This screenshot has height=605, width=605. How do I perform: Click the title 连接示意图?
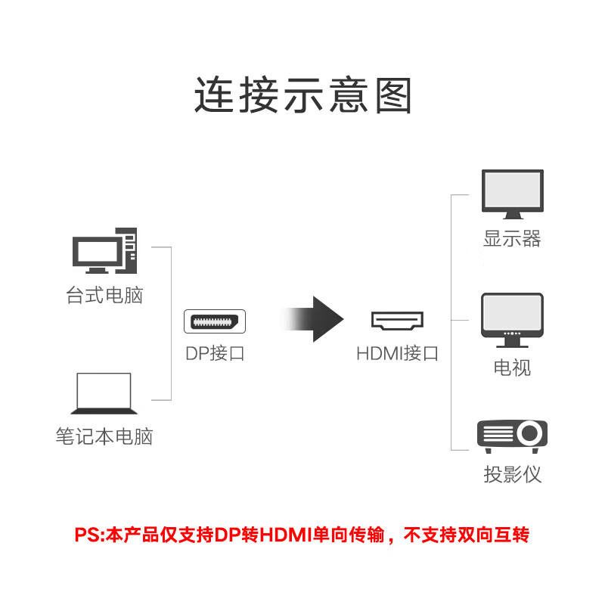tap(303, 95)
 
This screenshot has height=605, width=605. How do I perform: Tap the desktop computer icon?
tap(104, 250)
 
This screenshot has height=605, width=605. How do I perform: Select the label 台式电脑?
tap(104, 295)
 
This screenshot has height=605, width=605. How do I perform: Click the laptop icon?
tap(104, 393)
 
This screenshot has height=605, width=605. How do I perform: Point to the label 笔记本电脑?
tap(104, 436)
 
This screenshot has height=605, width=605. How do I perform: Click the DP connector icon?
tap(215, 321)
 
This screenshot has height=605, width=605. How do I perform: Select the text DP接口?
tap(215, 353)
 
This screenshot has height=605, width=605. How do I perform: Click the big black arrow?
tap(312, 319)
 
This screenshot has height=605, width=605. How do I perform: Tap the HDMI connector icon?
tap(398, 321)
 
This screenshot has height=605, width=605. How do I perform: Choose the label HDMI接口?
tap(398, 353)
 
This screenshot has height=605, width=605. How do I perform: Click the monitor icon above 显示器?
tap(513, 194)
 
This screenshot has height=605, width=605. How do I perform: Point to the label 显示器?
tap(513, 238)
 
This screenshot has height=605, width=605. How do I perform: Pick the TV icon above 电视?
tap(513, 320)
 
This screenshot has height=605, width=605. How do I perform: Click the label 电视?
tap(513, 368)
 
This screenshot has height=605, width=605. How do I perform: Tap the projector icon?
tap(513, 436)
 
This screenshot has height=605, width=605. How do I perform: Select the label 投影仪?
tap(513, 474)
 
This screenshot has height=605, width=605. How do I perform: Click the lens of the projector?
tap(529, 433)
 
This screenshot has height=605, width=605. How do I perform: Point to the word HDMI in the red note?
tap(286, 535)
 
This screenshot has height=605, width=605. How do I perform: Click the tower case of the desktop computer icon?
tap(127, 250)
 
